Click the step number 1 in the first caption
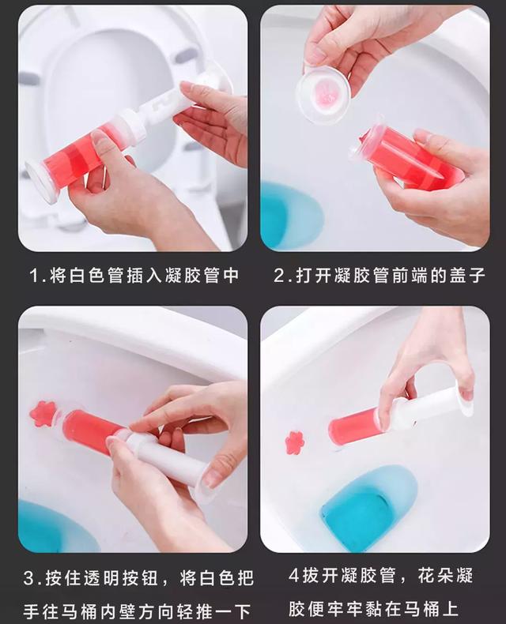[35, 276]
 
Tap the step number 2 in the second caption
[279, 276]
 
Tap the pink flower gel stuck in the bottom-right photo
[295, 442]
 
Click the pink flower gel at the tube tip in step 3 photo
[43, 413]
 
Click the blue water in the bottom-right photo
[368, 506]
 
